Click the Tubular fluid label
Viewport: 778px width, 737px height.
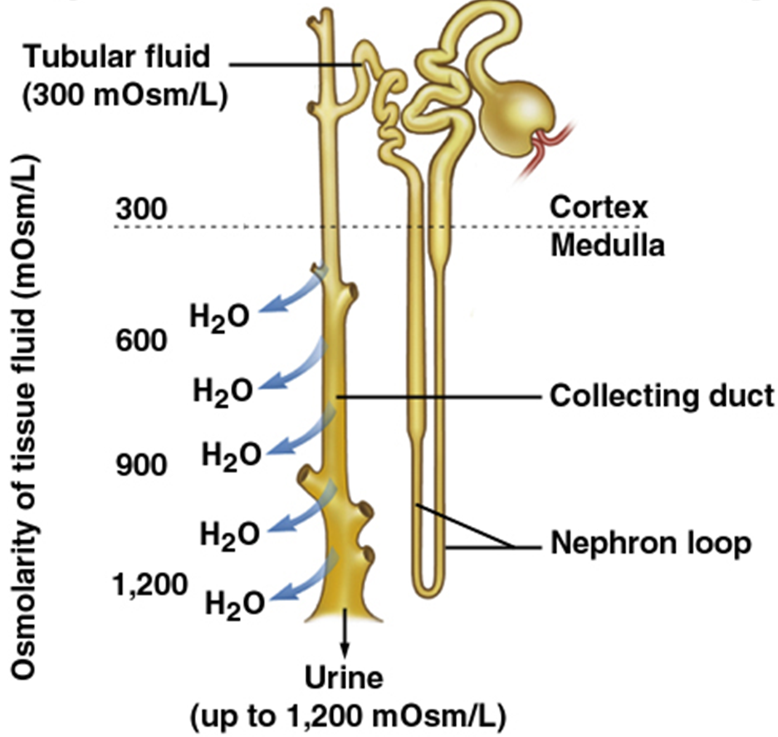pyautogui.click(x=117, y=58)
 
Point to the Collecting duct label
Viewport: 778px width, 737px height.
pyautogui.click(x=661, y=397)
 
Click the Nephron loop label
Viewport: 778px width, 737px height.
pyautogui.click(x=650, y=544)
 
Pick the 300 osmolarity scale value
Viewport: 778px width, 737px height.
pyautogui.click(x=140, y=211)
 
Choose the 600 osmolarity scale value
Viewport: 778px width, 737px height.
pyautogui.click(x=140, y=340)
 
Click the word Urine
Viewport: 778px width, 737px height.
pyautogui.click(x=345, y=678)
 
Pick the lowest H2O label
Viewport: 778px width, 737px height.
pyautogui.click(x=233, y=602)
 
